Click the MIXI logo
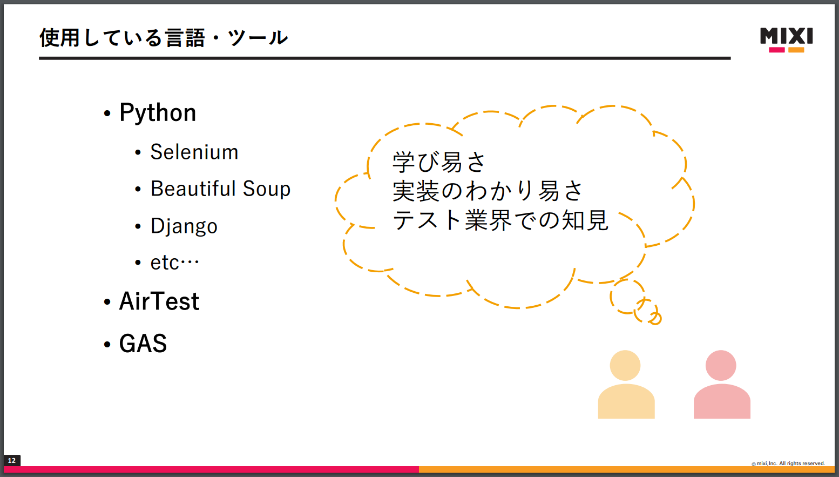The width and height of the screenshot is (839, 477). tap(786, 40)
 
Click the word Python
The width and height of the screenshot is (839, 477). tap(158, 112)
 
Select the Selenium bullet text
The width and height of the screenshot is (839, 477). tap(194, 152)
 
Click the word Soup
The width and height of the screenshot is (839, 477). tap(266, 189)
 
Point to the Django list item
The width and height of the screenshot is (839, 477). tap(184, 226)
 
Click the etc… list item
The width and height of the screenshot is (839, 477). tap(174, 263)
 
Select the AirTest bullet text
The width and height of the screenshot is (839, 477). tap(159, 301)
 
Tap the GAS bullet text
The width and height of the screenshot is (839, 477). tap(143, 343)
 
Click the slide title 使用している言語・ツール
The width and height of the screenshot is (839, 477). tap(164, 37)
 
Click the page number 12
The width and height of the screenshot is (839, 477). tap(12, 460)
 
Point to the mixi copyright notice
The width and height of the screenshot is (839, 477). tap(788, 463)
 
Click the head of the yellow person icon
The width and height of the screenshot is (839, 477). tap(625, 365)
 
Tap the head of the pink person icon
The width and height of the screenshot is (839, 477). tap(721, 365)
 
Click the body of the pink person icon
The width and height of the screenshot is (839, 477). tap(722, 401)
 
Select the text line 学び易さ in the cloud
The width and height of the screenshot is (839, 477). tap(439, 162)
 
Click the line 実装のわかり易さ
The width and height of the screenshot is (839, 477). tap(488, 191)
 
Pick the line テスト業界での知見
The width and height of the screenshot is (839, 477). tap(500, 219)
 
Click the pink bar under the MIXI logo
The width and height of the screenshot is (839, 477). tap(777, 50)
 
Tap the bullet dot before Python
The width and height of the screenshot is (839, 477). tap(107, 113)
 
